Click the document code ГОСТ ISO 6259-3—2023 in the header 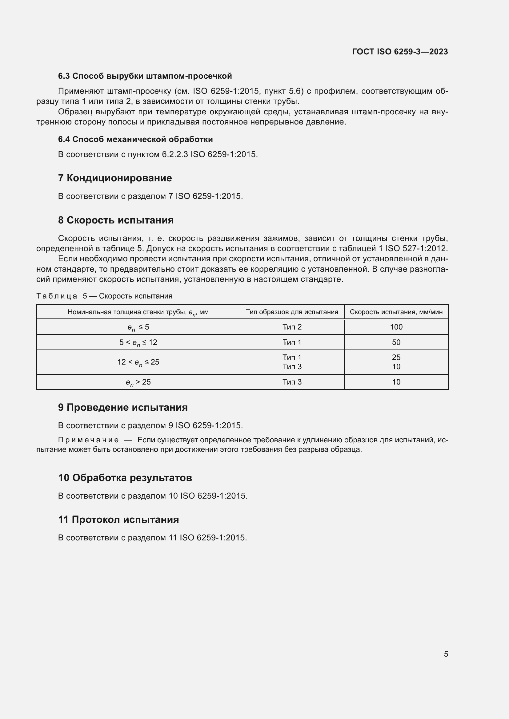(400, 52)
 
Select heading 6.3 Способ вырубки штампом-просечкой (145, 76)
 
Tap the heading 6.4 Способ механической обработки (135, 139)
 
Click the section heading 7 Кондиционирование (115, 178)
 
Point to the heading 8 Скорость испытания (116, 220)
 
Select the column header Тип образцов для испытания (292, 312)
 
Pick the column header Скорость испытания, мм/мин (396, 312)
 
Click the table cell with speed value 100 (396, 327)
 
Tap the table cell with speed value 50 (396, 342)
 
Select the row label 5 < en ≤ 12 (138, 342)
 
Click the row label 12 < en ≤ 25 (138, 362)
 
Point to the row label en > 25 (138, 382)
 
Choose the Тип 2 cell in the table (292, 327)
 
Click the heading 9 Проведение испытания (123, 407)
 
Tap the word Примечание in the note (88, 440)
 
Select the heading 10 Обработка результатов (125, 478)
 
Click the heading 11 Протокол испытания (118, 520)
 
